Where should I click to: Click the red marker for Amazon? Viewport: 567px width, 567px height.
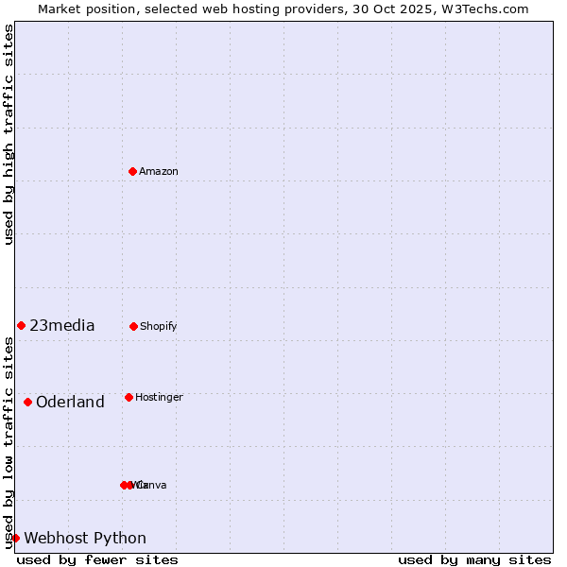click(133, 171)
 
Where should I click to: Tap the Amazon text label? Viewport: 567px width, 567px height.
click(159, 171)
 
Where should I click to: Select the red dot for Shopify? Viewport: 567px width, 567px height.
click(133, 326)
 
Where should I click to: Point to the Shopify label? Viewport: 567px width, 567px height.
click(159, 326)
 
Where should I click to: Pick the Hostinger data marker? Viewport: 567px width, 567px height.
click(129, 397)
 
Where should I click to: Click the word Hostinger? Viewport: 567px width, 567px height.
click(159, 397)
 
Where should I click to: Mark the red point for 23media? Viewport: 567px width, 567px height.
click(21, 325)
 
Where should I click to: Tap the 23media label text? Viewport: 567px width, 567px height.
click(62, 326)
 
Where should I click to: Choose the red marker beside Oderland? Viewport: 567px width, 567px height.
click(27, 402)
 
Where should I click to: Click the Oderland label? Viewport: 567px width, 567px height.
click(70, 403)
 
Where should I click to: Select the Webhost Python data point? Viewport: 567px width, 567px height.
click(15, 538)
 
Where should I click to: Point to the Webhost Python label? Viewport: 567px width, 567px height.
click(85, 539)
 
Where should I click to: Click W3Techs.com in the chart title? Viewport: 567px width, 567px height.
click(486, 9)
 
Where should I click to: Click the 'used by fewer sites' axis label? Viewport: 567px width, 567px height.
click(97, 559)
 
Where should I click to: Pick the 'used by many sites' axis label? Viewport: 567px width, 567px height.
click(474, 559)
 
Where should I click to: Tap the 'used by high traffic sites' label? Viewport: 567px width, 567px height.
click(9, 134)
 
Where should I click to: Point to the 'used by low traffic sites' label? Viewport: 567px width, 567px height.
click(9, 442)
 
